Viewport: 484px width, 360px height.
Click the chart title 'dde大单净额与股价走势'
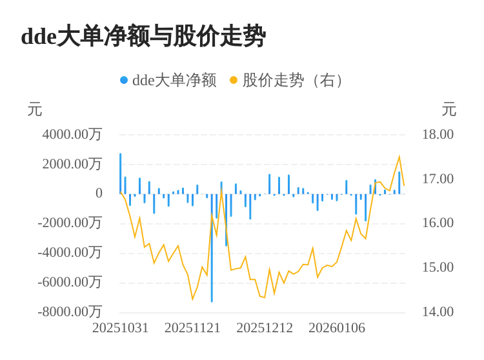coord(143,37)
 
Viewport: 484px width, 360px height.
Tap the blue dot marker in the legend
coord(124,81)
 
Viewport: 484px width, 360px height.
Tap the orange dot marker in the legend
coord(234,81)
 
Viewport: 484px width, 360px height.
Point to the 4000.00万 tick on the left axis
coord(72,134)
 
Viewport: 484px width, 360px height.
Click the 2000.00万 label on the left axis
coord(72,164)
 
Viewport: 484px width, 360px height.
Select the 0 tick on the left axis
coord(99,194)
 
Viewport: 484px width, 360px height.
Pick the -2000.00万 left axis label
coord(70,223)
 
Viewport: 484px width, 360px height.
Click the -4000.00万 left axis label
coord(70,252)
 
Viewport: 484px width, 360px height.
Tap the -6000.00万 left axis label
coord(70,282)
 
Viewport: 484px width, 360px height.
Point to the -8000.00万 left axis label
coord(70,312)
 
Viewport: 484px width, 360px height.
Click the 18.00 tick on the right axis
coord(438,134)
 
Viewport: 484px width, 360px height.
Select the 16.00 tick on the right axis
coord(438,223)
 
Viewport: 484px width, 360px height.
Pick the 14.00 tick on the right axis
coord(438,312)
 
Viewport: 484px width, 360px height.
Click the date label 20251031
coord(121,328)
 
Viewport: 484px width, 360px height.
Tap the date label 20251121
coord(192,328)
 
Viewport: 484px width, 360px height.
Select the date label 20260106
coord(337,328)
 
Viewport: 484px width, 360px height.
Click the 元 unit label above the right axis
coord(449,110)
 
